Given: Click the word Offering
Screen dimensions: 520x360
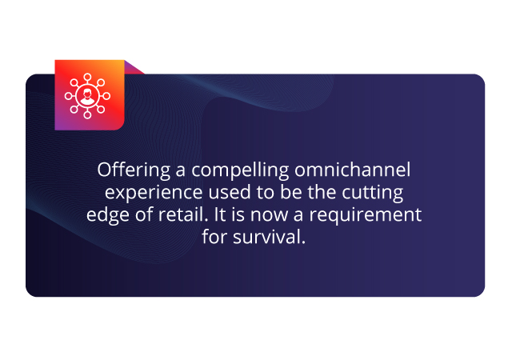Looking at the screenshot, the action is [x=134, y=170].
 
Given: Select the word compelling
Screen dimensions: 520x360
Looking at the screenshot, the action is [x=240, y=170].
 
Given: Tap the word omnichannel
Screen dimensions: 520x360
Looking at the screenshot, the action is [x=353, y=170].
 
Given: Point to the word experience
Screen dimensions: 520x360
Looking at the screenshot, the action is [x=154, y=193].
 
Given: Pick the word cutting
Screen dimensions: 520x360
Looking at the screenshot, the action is [x=373, y=193].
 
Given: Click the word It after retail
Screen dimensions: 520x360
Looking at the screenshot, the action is [x=220, y=214].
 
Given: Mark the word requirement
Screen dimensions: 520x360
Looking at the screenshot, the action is [x=366, y=215].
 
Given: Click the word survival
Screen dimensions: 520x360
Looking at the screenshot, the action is [x=269, y=237].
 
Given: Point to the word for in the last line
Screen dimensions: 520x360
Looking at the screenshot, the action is [x=214, y=237].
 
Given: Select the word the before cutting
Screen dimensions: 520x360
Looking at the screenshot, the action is [x=322, y=192].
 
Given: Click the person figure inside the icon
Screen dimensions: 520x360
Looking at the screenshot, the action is [x=87, y=97].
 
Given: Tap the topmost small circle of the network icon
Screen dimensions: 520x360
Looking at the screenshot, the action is [x=87, y=77].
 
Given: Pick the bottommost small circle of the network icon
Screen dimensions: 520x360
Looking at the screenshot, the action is [x=87, y=115].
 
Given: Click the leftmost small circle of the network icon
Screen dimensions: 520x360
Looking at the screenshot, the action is [x=68, y=96].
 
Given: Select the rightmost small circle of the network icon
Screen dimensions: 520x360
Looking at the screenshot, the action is [x=106, y=96].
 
